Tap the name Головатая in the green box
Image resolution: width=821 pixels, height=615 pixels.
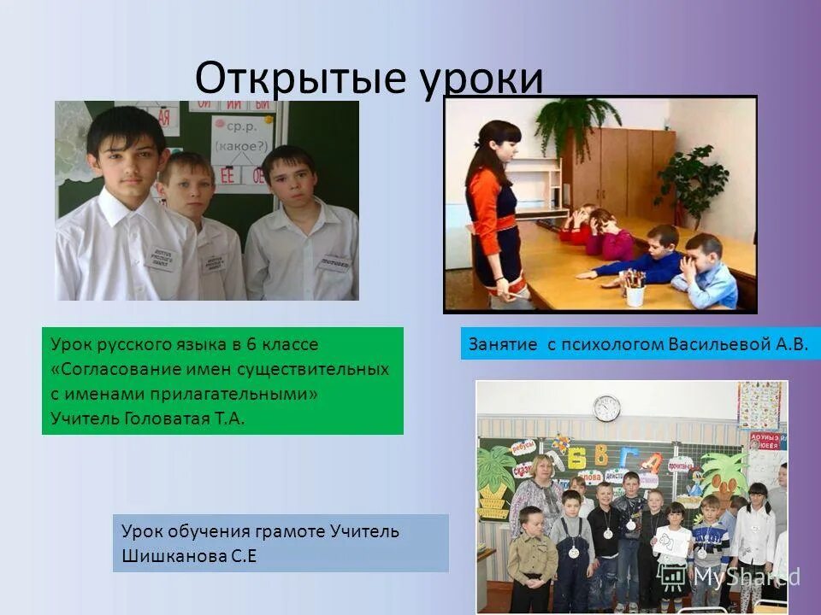(x=165, y=418)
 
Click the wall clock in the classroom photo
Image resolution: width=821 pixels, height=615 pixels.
(x=606, y=407)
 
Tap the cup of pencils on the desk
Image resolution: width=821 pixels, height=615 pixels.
(x=635, y=289)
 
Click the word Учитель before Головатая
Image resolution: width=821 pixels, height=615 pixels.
(x=85, y=418)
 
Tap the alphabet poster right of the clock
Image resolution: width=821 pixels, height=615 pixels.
(x=759, y=405)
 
